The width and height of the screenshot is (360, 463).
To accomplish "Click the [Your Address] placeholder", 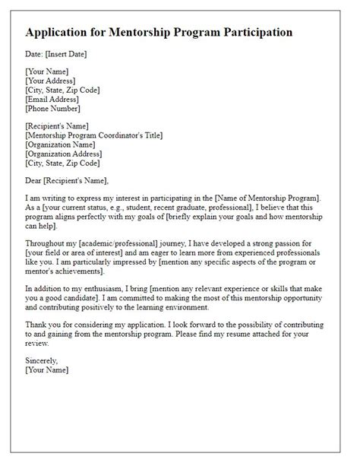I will [x=50, y=81].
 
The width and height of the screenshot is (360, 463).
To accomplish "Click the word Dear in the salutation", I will [x=35, y=180].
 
